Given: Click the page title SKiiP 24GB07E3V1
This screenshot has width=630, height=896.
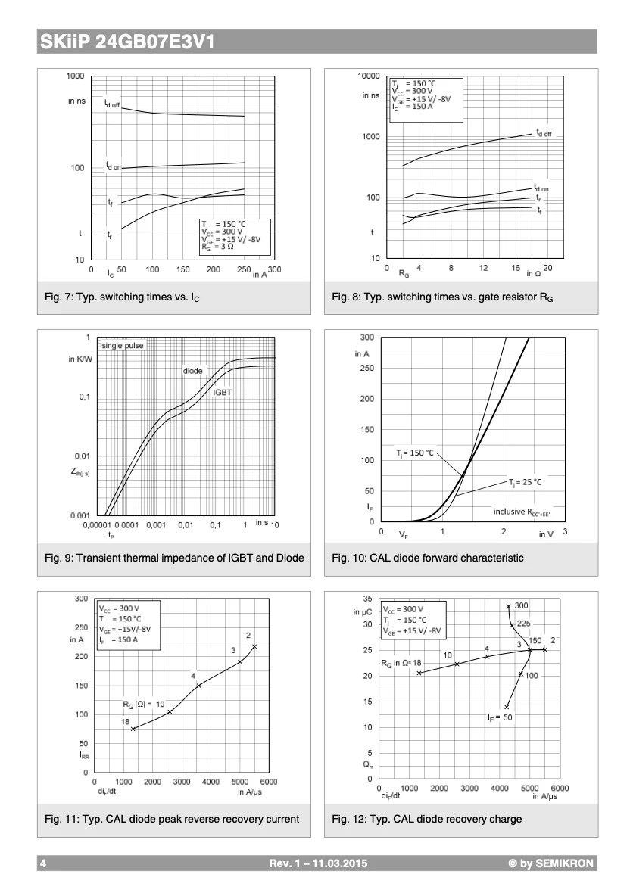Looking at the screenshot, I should pyautogui.click(x=126, y=43).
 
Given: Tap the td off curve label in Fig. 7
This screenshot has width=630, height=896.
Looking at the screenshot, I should pyautogui.click(x=112, y=103).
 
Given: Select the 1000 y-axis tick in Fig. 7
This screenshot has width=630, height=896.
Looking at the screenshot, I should pyautogui.click(x=75, y=76).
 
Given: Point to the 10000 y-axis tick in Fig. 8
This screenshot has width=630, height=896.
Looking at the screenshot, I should pyautogui.click(x=369, y=76).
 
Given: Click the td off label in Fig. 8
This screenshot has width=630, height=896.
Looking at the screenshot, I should pyautogui.click(x=544, y=133).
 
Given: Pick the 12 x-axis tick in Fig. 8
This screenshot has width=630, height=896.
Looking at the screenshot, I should pyautogui.click(x=483, y=268).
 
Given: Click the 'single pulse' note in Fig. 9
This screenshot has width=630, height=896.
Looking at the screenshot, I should pyautogui.click(x=122, y=346).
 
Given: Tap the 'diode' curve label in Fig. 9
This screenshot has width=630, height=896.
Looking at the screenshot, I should pyautogui.click(x=192, y=371).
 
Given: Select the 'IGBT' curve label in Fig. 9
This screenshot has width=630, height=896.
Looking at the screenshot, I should pyautogui.click(x=222, y=393).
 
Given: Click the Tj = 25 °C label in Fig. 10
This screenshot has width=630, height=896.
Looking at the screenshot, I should pyautogui.click(x=525, y=481).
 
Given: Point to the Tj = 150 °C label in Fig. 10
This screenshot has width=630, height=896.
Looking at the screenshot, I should pyautogui.click(x=415, y=453).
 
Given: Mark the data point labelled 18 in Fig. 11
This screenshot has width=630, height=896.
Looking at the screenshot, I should pyautogui.click(x=133, y=729).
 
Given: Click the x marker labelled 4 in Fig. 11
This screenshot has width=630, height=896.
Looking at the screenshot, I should pyautogui.click(x=198, y=686).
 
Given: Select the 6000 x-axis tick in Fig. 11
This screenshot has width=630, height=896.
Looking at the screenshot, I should pyautogui.click(x=269, y=782).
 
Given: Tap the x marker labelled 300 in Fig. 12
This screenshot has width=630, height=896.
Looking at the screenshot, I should pyautogui.click(x=508, y=606).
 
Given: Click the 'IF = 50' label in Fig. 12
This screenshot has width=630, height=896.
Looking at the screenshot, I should pyautogui.click(x=500, y=717).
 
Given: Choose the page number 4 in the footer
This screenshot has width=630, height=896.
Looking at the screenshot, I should pyautogui.click(x=43, y=863).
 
